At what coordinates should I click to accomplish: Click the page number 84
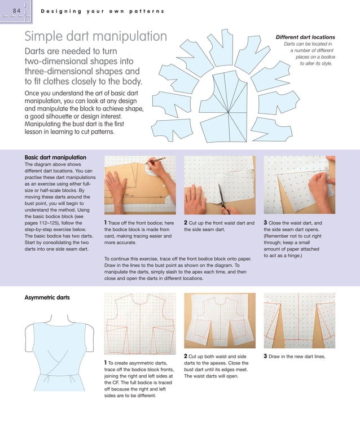(12, 11)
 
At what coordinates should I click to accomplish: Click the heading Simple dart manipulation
(95, 37)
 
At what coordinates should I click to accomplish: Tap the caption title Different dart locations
(305, 37)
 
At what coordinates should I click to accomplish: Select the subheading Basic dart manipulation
(55, 157)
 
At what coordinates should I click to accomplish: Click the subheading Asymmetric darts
(47, 297)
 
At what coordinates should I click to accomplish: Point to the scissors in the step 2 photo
(225, 203)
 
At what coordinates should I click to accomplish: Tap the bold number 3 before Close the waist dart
(266, 223)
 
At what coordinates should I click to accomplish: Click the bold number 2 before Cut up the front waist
(186, 223)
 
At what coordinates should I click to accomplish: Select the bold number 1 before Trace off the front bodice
(106, 223)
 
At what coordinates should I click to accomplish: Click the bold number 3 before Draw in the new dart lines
(266, 356)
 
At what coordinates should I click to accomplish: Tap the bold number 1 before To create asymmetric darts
(106, 362)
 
